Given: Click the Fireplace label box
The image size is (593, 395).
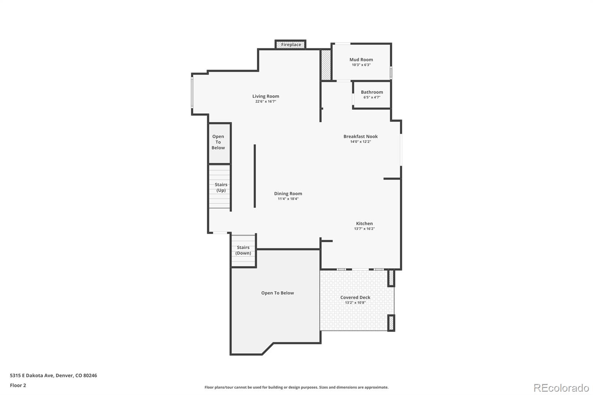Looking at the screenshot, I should pyautogui.click(x=291, y=44).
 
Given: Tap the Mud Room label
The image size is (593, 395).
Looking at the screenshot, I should pyautogui.click(x=361, y=59).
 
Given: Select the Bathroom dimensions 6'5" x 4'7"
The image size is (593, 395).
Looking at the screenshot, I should pyautogui.click(x=372, y=97).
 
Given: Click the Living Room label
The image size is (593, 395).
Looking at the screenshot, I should pyautogui.click(x=266, y=96).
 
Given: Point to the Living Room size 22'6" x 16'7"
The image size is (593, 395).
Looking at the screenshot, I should pyautogui.click(x=266, y=102).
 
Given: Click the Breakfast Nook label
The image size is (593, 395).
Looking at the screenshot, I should pyautogui.click(x=360, y=136).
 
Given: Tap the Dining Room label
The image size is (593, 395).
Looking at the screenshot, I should pyautogui.click(x=288, y=193).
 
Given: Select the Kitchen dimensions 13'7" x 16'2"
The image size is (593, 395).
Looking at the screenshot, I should pyautogui.click(x=364, y=229).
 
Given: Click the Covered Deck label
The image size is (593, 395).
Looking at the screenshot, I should pyautogui.click(x=355, y=297).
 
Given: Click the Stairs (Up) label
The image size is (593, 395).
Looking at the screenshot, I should pyautogui.click(x=221, y=187).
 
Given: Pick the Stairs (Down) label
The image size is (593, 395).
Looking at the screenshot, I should pyautogui.click(x=243, y=250).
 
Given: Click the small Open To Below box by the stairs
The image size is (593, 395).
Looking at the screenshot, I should pyautogui.click(x=218, y=142).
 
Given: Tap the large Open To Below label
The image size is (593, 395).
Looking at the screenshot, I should pyautogui.click(x=277, y=293).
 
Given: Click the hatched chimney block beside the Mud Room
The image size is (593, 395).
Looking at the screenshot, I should pyautogui.click(x=326, y=65).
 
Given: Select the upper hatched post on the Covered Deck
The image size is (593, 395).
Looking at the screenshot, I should pyautogui.click(x=391, y=278).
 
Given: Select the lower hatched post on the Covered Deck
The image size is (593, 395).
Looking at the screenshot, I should pyautogui.click(x=391, y=323).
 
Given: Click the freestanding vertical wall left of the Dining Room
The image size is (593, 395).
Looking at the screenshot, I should pyautogui.click(x=255, y=176).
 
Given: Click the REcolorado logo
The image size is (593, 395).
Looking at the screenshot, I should pyautogui.click(x=561, y=388).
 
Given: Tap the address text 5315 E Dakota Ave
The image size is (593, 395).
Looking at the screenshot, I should pyautogui.click(x=53, y=375).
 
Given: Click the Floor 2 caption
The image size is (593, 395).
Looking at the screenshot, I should pyautogui.click(x=18, y=385).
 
